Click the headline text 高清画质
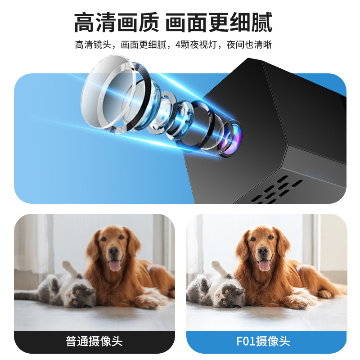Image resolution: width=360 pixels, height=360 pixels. (117, 22)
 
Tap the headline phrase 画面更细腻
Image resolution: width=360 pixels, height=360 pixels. (219, 22)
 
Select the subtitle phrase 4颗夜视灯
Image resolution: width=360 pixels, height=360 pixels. (194, 45)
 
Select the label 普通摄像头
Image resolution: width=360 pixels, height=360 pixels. (94, 341)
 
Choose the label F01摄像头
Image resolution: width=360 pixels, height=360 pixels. (263, 341)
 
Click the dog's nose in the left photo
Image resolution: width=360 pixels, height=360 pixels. (114, 251)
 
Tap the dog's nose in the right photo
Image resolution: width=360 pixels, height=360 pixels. (264, 251)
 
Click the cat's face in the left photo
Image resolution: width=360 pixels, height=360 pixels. (75, 295)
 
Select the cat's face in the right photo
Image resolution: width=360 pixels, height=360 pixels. (225, 295)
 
